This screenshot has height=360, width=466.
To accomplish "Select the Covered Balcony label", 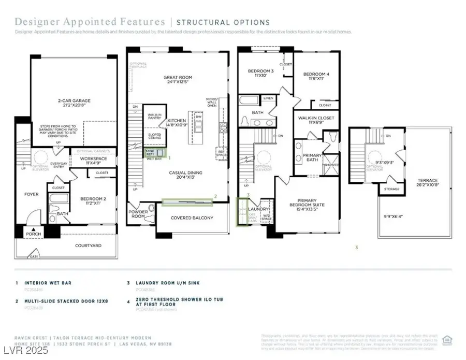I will click(192, 218).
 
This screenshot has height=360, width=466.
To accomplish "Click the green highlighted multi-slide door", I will click(186, 202).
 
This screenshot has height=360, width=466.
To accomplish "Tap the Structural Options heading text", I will click(223, 22).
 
